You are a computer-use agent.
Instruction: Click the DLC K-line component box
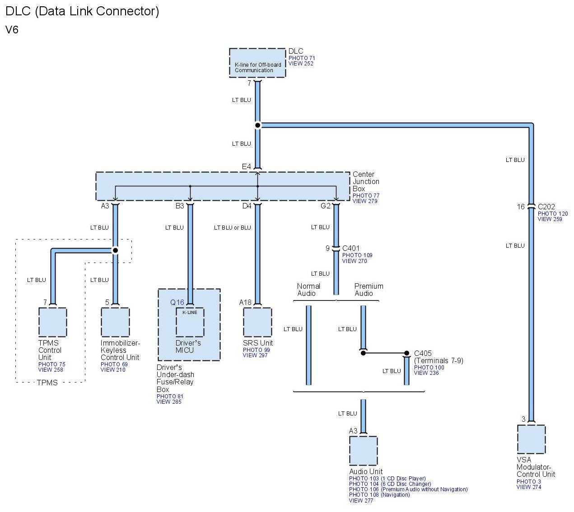257,63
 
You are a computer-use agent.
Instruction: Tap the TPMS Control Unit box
52,322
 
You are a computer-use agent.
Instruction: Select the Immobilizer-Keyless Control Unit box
115,322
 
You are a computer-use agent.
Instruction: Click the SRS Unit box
257,322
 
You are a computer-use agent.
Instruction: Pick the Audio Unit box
363,451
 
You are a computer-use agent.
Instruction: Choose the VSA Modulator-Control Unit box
531,439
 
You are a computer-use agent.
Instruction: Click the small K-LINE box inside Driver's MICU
190,322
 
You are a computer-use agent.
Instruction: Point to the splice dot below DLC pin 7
257,125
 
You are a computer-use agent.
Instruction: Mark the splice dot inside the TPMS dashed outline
115,250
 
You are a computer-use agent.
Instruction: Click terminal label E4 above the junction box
246,167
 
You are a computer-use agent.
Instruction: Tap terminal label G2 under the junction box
326,206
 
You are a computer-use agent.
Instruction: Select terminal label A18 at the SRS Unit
245,302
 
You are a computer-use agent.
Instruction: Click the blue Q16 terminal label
177,302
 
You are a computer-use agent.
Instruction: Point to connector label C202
546,207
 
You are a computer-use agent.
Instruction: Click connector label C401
351,248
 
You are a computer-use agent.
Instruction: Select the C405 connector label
423,354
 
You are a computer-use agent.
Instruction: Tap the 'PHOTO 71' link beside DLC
302,58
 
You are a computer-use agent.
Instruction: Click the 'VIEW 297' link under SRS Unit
255,355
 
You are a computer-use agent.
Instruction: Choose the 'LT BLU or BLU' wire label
232,228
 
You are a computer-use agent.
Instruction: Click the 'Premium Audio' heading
369,290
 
